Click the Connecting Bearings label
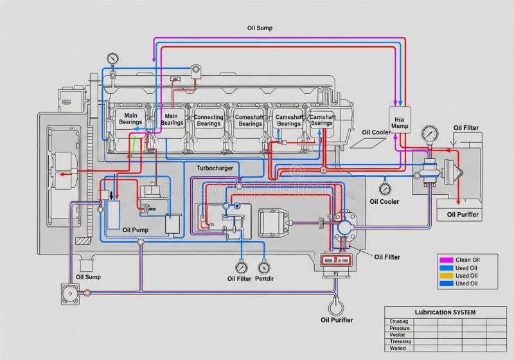[208, 120]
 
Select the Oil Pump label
[135, 230]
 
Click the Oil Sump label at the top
[260, 28]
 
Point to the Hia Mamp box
[400, 123]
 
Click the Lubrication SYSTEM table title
[436, 312]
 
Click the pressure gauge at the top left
[113, 59]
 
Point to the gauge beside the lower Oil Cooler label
[385, 188]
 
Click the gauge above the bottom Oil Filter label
[241, 267]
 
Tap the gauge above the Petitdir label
[263, 267]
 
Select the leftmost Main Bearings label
[130, 119]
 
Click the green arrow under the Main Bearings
[133, 146]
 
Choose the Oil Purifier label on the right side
[463, 214]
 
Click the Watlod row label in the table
[398, 348]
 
